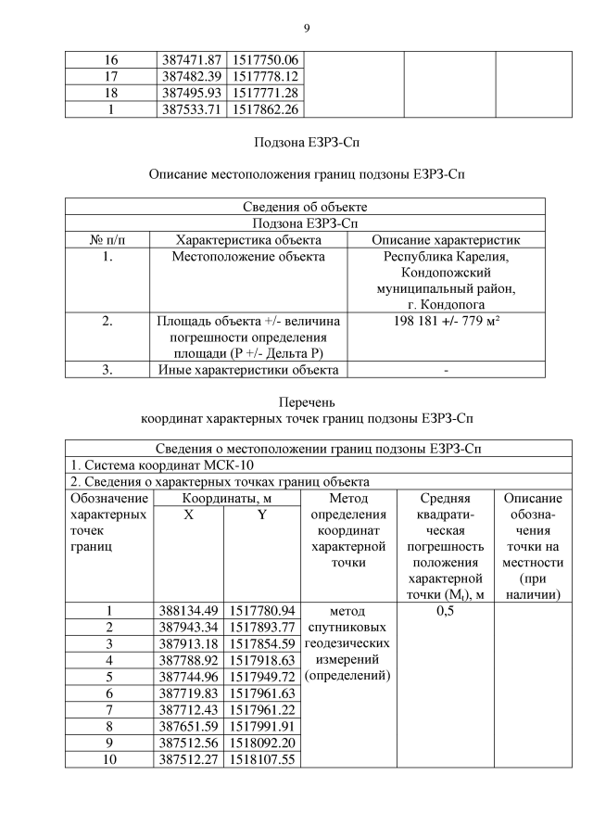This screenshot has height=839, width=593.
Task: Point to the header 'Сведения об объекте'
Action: click(x=305, y=207)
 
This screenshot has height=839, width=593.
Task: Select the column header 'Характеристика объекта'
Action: click(x=247, y=239)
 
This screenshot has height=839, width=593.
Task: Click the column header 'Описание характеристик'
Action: click(x=446, y=239)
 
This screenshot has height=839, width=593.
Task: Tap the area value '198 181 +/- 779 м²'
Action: click(x=446, y=321)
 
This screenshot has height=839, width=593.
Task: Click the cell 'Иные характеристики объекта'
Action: click(x=247, y=370)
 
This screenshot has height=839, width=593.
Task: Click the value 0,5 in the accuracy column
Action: click(x=446, y=611)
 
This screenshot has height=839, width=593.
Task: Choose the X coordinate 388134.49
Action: click(x=188, y=611)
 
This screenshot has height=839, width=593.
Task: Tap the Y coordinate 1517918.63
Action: click(x=262, y=660)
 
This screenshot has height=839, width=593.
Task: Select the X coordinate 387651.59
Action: click(x=188, y=726)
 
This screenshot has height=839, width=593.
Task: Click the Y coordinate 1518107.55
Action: click(x=262, y=759)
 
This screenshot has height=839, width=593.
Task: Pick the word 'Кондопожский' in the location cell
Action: click(x=446, y=273)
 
